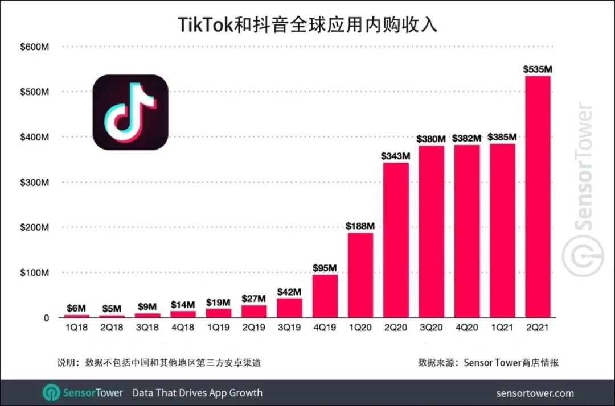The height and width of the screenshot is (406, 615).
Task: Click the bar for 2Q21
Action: click(538, 196)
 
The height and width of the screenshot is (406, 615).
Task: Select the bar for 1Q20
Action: click(360, 275)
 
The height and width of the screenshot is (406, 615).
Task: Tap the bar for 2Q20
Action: click(395, 240)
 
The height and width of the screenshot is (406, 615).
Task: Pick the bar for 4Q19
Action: click(325, 296)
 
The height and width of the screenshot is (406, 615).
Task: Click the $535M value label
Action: click(538, 69)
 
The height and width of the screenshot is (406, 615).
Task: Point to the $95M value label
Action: click(325, 268)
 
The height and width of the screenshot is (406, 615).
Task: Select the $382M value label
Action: click(466, 138)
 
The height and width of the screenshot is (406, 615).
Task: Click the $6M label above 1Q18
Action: click(76, 308)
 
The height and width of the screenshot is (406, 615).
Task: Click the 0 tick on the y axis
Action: click(46, 318)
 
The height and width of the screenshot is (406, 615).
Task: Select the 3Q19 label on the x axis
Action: click(289, 328)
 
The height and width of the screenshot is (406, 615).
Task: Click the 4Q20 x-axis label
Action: click(466, 328)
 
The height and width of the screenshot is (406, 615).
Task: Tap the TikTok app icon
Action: click(130, 113)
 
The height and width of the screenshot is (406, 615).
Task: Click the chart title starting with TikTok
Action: click(307, 24)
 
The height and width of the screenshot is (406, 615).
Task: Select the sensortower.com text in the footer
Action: click(535, 393)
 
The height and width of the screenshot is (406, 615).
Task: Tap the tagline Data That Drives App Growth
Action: click(197, 393)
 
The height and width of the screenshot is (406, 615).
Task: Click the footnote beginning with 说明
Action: click(159, 362)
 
